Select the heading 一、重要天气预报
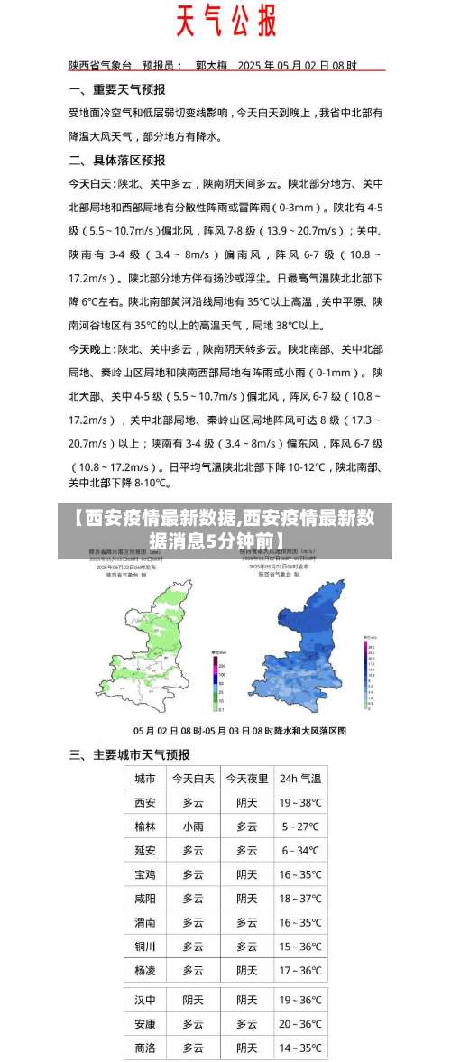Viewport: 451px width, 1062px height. (x=117, y=89)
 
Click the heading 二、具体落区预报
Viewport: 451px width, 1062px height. (x=117, y=160)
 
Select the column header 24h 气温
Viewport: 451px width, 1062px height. (x=300, y=778)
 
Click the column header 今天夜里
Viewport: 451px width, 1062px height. (x=246, y=778)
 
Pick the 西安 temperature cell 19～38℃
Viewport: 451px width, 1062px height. (x=300, y=802)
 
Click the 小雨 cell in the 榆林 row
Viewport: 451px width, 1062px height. (x=193, y=826)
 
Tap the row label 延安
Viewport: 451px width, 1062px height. (x=145, y=850)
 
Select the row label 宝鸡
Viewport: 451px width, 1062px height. (x=145, y=874)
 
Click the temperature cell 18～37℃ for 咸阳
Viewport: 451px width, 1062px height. (x=300, y=898)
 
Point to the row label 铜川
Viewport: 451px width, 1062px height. (x=145, y=947)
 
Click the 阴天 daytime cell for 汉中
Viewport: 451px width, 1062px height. (x=193, y=1000)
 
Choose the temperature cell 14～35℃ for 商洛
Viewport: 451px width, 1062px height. (x=300, y=1048)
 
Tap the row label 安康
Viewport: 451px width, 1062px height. (x=145, y=1024)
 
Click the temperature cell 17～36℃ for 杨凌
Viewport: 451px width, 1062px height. (x=300, y=971)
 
